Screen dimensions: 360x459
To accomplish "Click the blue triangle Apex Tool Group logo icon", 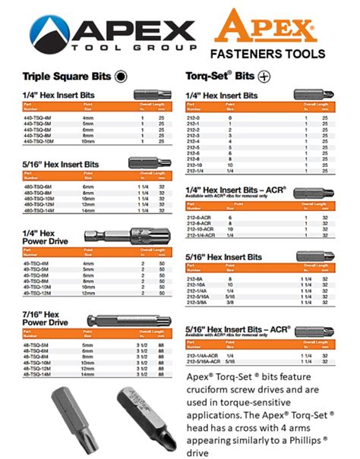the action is [x=47, y=31].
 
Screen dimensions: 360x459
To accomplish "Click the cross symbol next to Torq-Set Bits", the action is [x=264, y=77].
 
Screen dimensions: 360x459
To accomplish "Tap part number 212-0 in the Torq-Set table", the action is [x=195, y=118].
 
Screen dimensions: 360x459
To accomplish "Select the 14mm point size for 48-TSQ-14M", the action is [x=88, y=375].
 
